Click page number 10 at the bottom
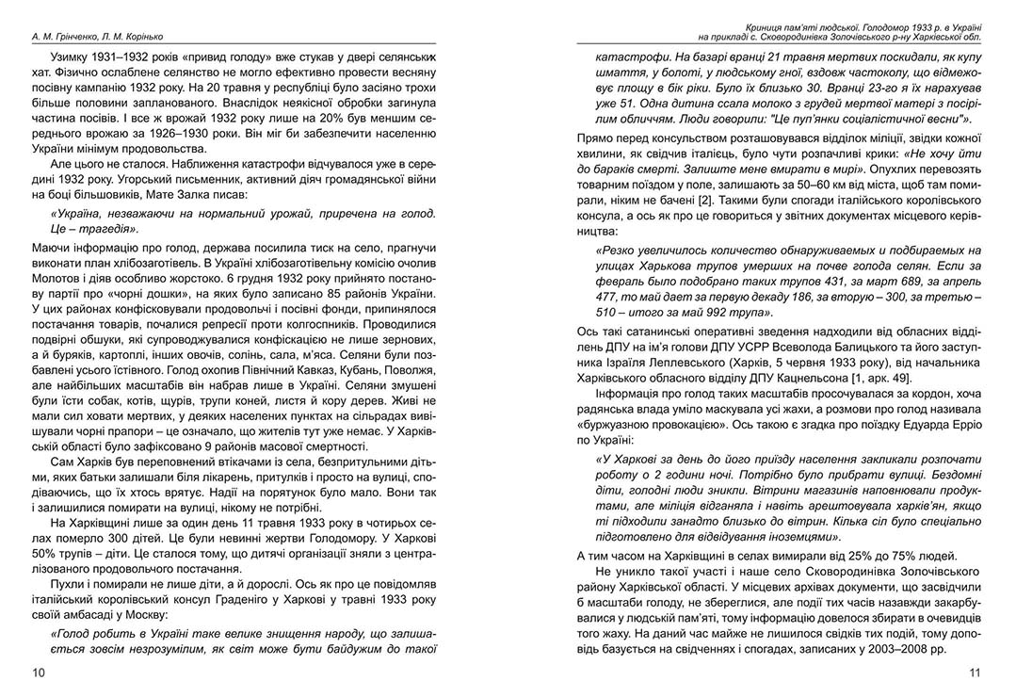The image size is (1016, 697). (x=38, y=673)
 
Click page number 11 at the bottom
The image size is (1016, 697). (x=975, y=673)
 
